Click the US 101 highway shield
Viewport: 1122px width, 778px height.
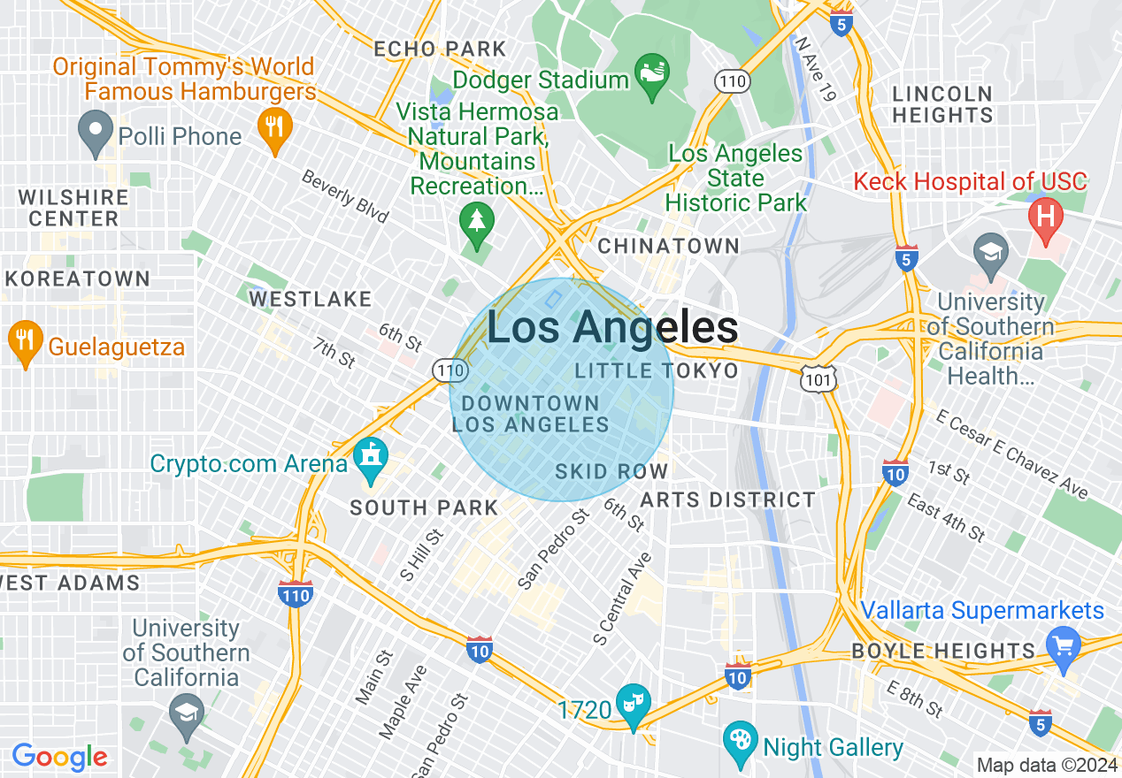(x=814, y=378)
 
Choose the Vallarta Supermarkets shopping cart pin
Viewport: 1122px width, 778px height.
(x=1063, y=645)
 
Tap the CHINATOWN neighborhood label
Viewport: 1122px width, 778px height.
(x=668, y=246)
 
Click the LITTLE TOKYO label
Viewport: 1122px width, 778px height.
(x=657, y=370)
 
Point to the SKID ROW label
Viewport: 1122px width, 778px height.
(x=611, y=471)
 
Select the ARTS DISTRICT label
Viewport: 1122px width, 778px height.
(x=727, y=500)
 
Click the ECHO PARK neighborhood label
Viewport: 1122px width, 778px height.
(x=440, y=49)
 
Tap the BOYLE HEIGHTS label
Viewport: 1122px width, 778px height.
(x=943, y=652)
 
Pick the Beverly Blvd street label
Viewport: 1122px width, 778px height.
(x=345, y=196)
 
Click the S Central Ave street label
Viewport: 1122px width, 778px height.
(x=623, y=599)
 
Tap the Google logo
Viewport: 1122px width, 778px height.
(x=59, y=757)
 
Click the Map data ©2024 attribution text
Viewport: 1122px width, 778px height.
(x=1047, y=765)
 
